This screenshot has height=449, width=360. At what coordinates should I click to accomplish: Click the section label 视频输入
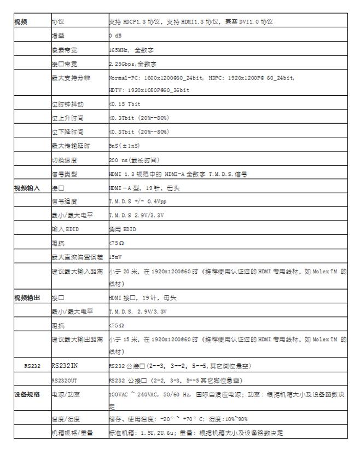coord(27,188)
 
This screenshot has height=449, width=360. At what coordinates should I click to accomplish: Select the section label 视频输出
coord(27,298)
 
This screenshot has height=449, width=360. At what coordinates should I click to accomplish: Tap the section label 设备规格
coord(27,394)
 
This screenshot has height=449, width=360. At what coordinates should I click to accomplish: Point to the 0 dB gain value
coord(115,36)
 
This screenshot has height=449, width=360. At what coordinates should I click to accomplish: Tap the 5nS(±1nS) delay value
coord(124,146)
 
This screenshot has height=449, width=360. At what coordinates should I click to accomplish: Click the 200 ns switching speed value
coord(134,160)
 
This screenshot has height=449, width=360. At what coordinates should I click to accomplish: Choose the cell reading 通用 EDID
coord(123,229)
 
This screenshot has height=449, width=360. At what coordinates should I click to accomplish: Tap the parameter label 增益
coord(57,36)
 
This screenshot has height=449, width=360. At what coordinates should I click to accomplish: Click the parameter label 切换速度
coord(65,160)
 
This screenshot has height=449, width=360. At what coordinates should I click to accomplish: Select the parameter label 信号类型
coord(65,174)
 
